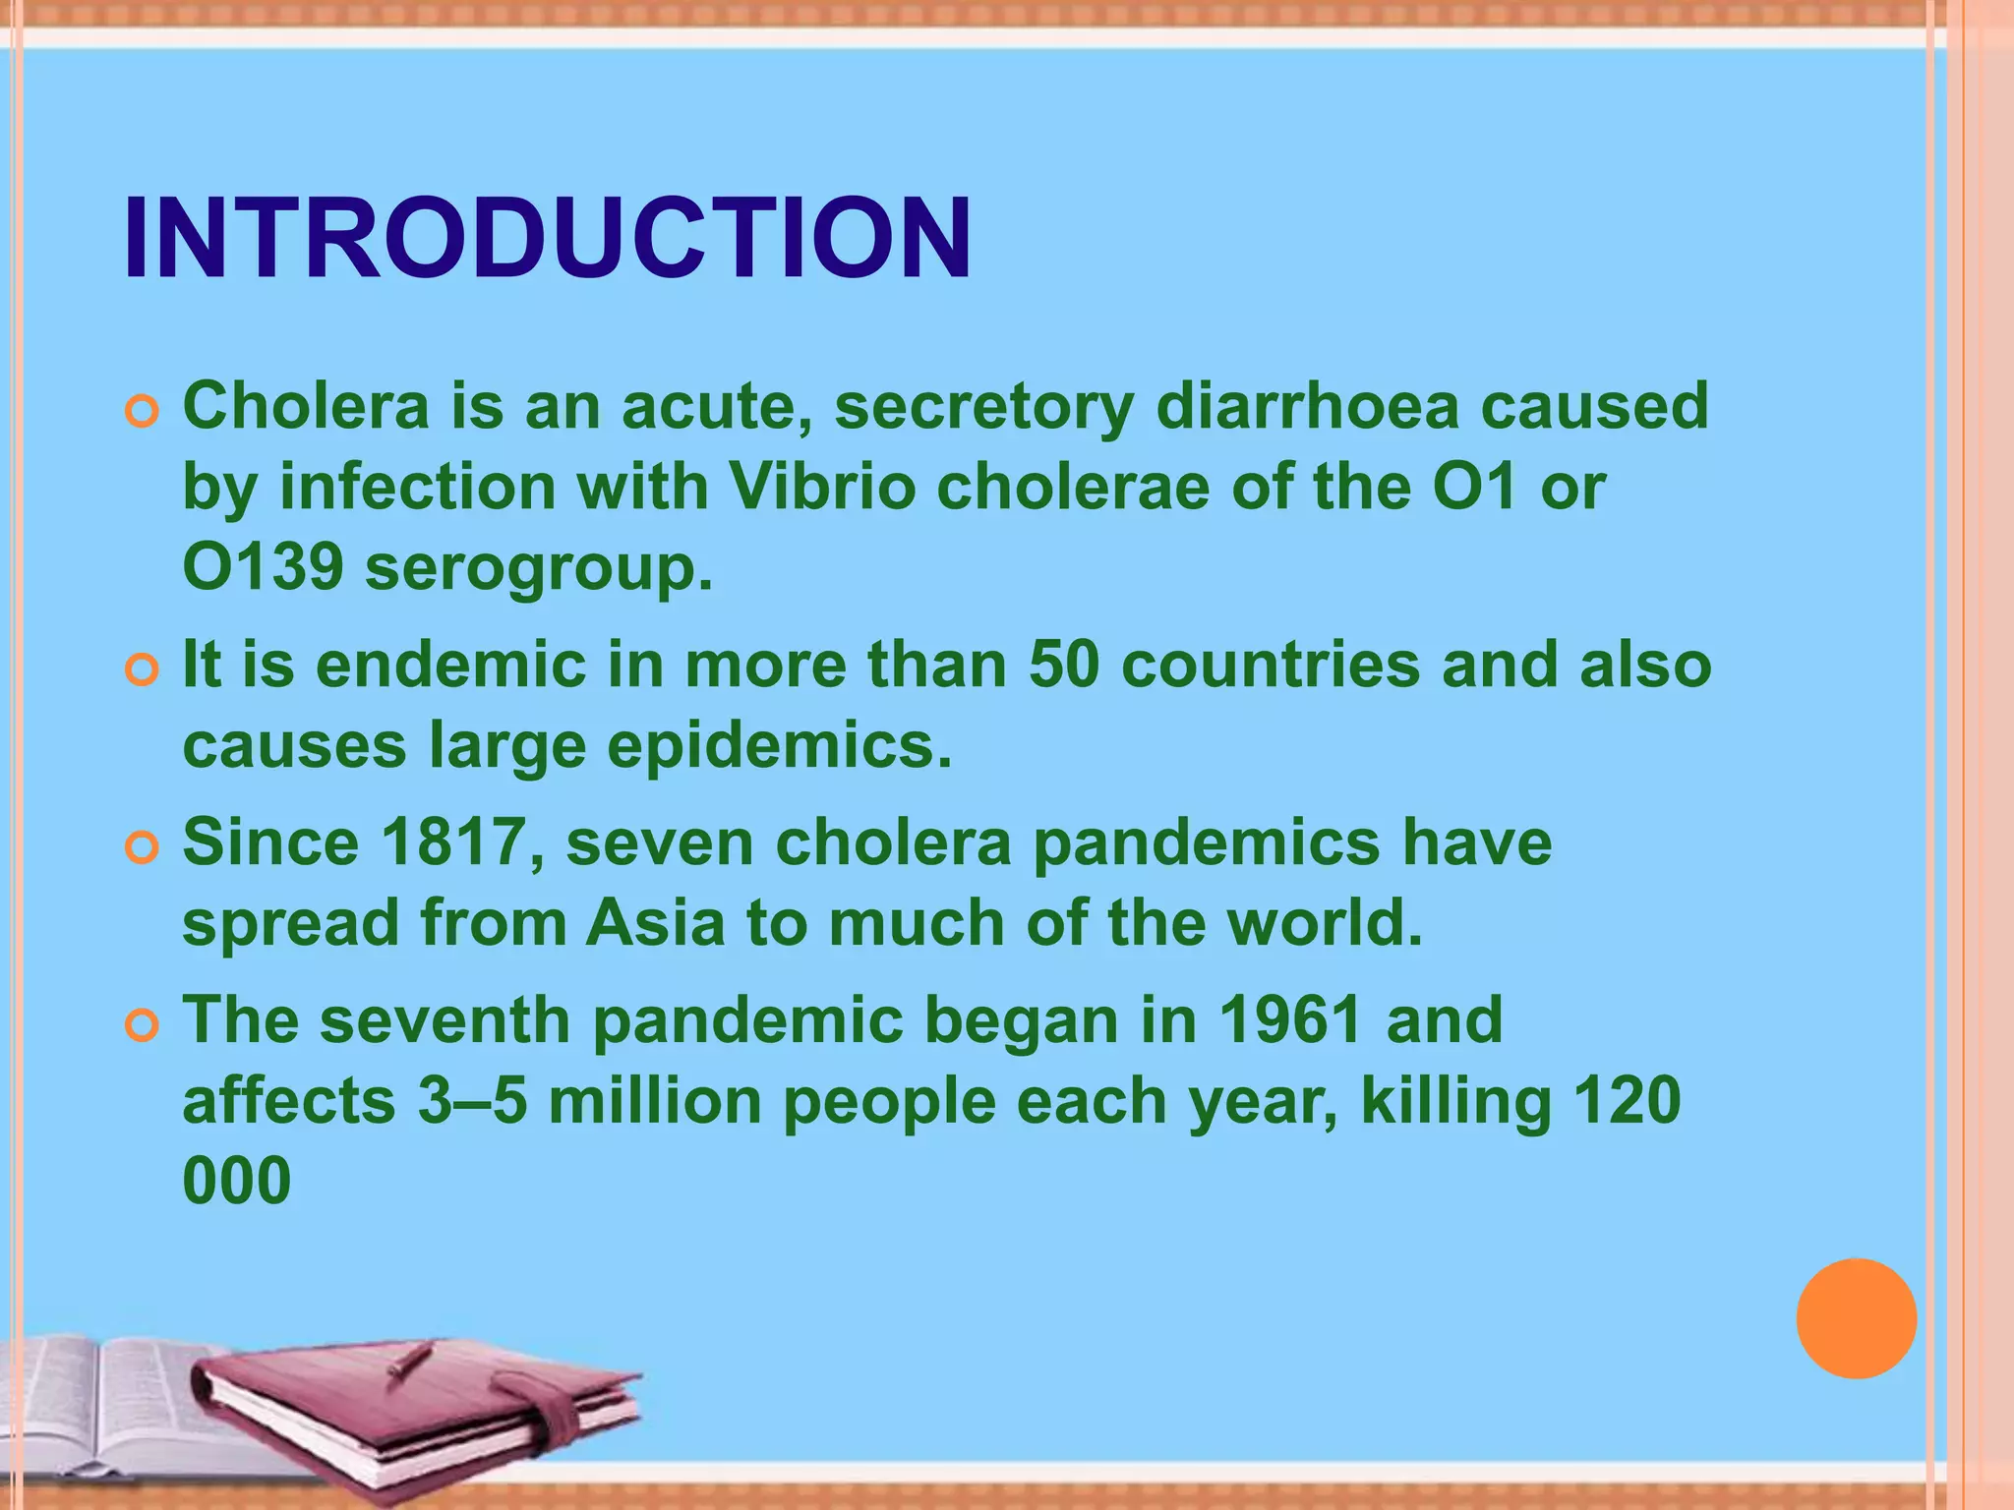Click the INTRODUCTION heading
coord(548,239)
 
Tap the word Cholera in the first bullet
coord(306,406)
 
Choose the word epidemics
coord(779,745)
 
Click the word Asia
coord(655,923)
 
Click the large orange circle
coord(1856,1318)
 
